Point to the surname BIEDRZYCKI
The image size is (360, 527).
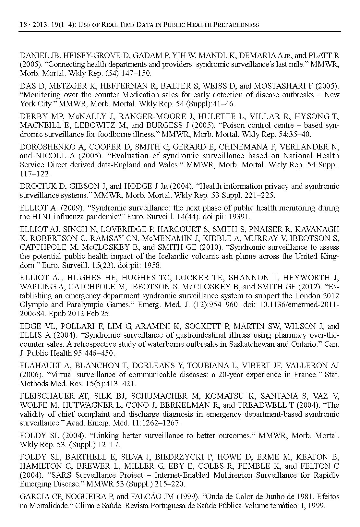(x=180, y=457)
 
